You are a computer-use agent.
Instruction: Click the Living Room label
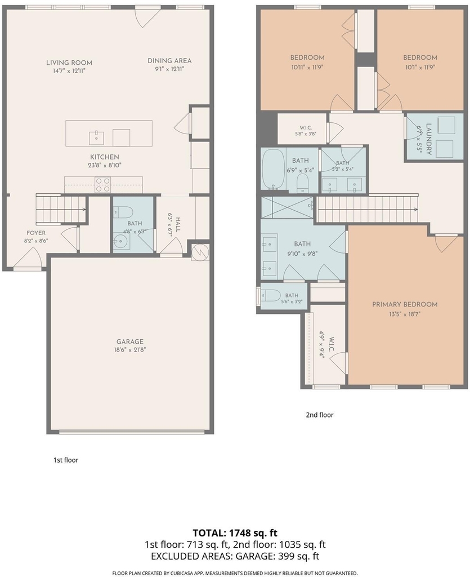[69, 63]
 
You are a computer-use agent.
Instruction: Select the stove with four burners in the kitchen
[103, 184]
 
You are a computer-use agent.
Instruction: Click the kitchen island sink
[96, 137]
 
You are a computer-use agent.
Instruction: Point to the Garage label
[129, 341]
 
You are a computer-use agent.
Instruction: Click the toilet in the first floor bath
[123, 212]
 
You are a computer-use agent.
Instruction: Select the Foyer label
[36, 233]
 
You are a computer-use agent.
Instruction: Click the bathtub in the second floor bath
[273, 169]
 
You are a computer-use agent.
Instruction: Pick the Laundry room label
[429, 139]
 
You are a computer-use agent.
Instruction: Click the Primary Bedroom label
[405, 304]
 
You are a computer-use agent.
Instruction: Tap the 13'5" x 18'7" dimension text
[405, 314]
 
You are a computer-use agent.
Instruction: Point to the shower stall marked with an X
[287, 207]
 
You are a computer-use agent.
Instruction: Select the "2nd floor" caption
[320, 415]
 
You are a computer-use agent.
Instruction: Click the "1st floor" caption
[66, 460]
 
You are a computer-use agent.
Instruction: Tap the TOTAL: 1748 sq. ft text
[235, 532]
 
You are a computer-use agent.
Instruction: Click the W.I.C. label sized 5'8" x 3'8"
[304, 128]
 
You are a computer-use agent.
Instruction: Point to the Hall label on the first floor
[178, 224]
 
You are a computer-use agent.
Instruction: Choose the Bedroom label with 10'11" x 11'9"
[307, 57]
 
